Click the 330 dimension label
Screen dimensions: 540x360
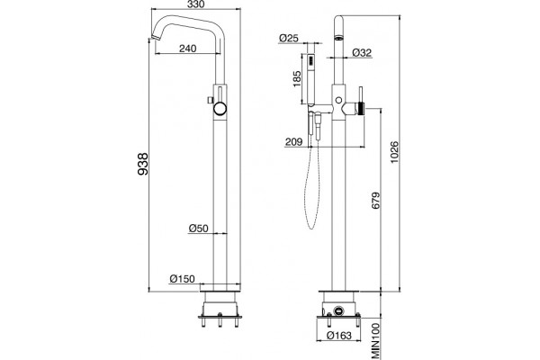pyautogui.click(x=196, y=4)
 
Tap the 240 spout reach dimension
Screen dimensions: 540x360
pyautogui.click(x=188, y=49)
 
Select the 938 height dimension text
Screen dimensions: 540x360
pyautogui.click(x=143, y=164)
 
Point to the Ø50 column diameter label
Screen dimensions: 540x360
pyautogui.click(x=199, y=228)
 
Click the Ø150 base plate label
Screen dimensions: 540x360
pyautogui.click(x=182, y=279)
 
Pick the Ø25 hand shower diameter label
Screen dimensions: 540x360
pyautogui.click(x=289, y=38)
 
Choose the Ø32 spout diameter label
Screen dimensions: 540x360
pyautogui.click(x=362, y=53)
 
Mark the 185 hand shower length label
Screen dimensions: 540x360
pyautogui.click(x=297, y=79)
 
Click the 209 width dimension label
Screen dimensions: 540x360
pyautogui.click(x=293, y=141)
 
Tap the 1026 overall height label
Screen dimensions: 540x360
pyautogui.click(x=395, y=152)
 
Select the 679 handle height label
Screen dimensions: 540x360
pyautogui.click(x=375, y=201)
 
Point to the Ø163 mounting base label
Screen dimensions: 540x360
pyautogui.click(x=339, y=335)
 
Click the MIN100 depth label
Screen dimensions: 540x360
pyautogui.click(x=375, y=341)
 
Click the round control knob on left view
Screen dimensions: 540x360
pyautogui.click(x=220, y=109)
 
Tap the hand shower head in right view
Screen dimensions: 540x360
pyautogui.click(x=310, y=78)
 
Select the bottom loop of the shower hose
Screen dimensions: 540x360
pyautogui.click(x=311, y=226)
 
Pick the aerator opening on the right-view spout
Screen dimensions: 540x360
pyautogui.click(x=339, y=38)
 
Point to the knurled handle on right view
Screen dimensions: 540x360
pyautogui.click(x=362, y=109)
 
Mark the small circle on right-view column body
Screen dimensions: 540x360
pyautogui.click(x=339, y=100)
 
